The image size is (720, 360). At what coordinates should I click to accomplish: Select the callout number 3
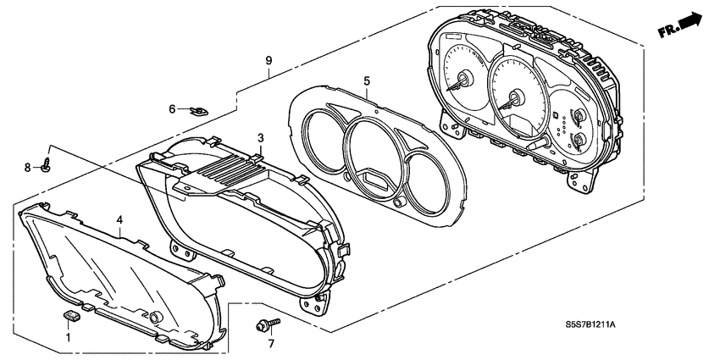point(261,137)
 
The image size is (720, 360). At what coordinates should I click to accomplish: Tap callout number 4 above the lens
point(120,219)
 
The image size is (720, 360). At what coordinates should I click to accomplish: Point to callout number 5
point(367,80)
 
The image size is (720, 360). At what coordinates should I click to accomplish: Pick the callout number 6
point(171,108)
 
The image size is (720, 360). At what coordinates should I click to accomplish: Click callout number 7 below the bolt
point(271,343)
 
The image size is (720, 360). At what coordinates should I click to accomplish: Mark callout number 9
point(269,61)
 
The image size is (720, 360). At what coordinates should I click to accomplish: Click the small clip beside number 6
point(200,109)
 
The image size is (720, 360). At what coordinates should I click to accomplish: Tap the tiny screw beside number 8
point(47,167)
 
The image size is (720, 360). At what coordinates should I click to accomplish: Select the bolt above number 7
point(264,324)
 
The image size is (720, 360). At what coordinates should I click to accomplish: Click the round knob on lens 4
point(156,317)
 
